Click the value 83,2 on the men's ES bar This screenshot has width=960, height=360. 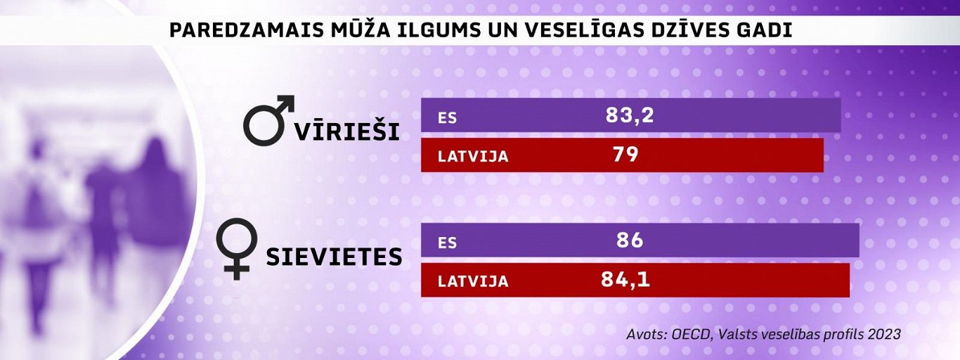tap(629, 115)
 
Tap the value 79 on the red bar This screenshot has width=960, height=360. tap(625, 155)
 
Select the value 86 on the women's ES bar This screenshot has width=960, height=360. tap(628, 240)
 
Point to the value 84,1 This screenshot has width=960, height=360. tap(625, 280)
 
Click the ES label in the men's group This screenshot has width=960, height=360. tap(448, 117)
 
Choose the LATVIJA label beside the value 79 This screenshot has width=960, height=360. tap(473, 156)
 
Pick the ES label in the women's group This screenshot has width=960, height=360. tap(448, 243)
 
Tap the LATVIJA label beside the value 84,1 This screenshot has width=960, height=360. tap(473, 281)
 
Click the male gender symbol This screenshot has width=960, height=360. tap(268, 121)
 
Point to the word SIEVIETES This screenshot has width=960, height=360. tap(333, 257)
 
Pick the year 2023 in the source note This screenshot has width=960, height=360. tap(883, 334)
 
